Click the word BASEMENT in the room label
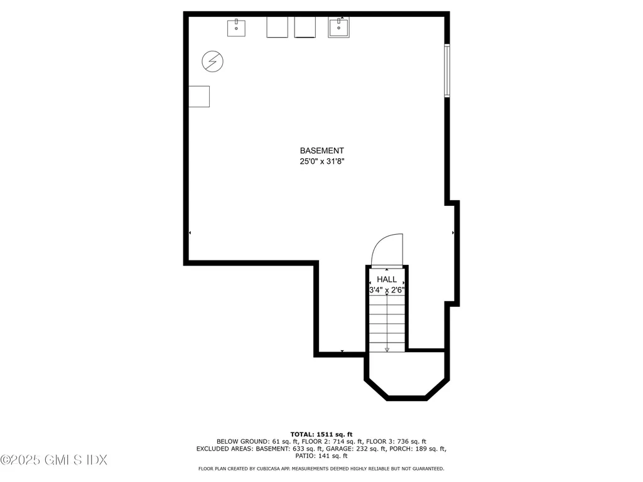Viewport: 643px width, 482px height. [321, 151]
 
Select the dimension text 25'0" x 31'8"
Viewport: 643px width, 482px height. [321, 161]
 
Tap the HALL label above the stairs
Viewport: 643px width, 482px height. [387, 279]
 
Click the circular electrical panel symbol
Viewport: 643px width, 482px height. [212, 62]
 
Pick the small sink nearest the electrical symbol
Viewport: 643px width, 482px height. [236, 27]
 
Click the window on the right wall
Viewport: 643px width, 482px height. [447, 70]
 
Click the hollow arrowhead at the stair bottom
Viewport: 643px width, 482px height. [387, 349]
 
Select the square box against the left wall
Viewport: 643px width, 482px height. [200, 96]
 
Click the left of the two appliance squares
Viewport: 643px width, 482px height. [277, 27]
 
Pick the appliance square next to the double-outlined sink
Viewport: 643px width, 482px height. [305, 27]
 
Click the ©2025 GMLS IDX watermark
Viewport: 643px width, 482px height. [54, 460]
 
